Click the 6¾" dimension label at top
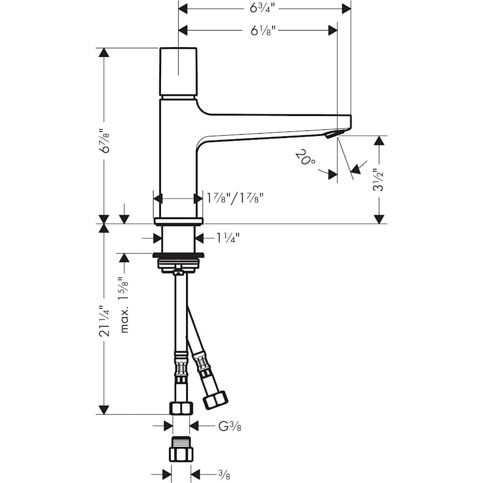tap(265, 8)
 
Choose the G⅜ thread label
tap(229, 427)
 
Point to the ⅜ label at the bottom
tap(211, 474)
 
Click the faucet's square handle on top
tap(178, 72)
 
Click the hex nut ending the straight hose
tap(181, 408)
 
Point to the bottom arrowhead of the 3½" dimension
tap(379, 219)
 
